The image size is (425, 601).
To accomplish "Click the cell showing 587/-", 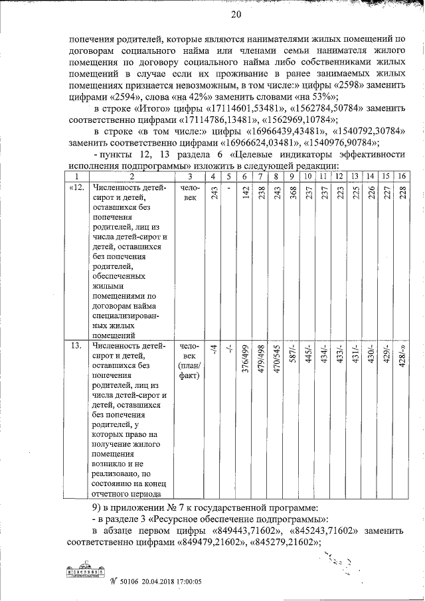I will (x=291, y=355).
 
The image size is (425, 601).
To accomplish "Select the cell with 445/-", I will (x=307, y=355).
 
